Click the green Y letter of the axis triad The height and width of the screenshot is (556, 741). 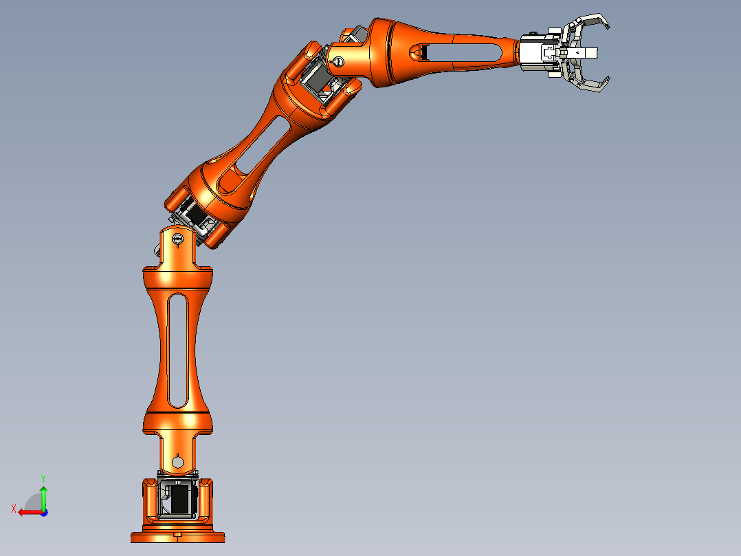click(43, 477)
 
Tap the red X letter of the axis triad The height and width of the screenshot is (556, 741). click(14, 509)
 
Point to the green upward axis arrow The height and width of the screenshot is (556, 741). click(43, 495)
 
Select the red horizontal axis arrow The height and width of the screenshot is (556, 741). click(27, 512)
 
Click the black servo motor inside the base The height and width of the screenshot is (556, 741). click(179, 500)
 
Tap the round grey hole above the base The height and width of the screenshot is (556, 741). click(178, 462)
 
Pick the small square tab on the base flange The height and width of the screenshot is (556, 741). click(178, 534)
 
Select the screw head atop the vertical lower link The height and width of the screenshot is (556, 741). click(178, 240)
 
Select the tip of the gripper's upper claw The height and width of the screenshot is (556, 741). click(608, 28)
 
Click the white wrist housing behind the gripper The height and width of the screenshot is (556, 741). click(533, 52)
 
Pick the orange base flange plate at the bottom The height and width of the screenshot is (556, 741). click(178, 537)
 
